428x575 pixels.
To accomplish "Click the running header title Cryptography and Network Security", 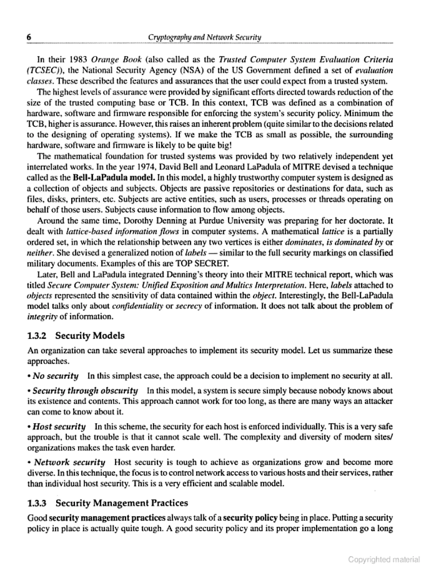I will tap(204, 38).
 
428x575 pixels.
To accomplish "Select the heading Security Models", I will tap(90, 336).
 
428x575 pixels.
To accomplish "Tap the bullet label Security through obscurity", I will tap(85, 390).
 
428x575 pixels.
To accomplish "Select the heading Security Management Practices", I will tap(122, 503).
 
